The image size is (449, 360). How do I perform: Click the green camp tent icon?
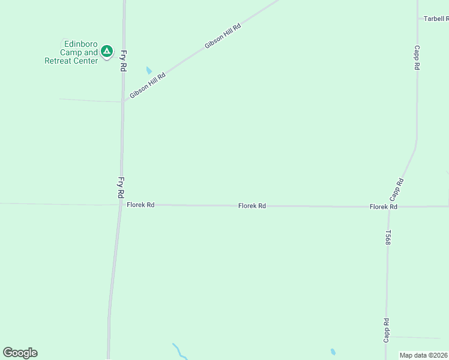107,52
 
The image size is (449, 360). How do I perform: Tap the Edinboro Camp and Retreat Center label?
72,52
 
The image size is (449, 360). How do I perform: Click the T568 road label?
388,238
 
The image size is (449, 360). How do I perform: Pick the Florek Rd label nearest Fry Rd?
140,205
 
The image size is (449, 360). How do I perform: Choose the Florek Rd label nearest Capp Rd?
384,206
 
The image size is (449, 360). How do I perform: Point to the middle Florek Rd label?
252,206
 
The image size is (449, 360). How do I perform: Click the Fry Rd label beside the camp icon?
123,61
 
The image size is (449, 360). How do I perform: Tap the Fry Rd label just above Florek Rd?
121,188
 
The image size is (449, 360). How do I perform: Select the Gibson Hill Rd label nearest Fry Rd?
147,83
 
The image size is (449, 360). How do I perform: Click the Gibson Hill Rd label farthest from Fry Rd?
222,36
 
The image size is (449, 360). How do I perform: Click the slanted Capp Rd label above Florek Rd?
396,189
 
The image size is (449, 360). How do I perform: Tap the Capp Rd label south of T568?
387,331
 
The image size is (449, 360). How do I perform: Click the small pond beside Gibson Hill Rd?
149,70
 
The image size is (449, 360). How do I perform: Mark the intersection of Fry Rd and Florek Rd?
120,205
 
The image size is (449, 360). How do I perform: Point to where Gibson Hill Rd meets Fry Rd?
123,101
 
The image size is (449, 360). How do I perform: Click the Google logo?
20,353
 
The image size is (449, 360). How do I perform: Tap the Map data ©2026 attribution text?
424,355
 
